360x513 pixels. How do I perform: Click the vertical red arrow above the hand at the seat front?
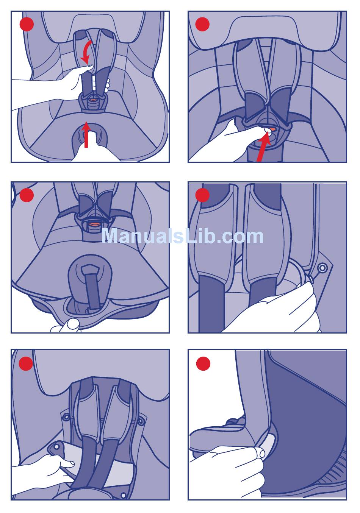coord(86,134)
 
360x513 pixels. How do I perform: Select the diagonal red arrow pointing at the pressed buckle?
coord(263,147)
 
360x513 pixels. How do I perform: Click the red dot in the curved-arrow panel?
coord(27,24)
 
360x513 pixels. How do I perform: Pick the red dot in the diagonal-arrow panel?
coord(202,24)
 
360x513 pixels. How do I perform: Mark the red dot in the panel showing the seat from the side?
coord(203,363)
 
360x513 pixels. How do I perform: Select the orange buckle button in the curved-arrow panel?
coord(92,100)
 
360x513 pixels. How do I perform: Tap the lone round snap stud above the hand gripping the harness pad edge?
coord(322,268)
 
